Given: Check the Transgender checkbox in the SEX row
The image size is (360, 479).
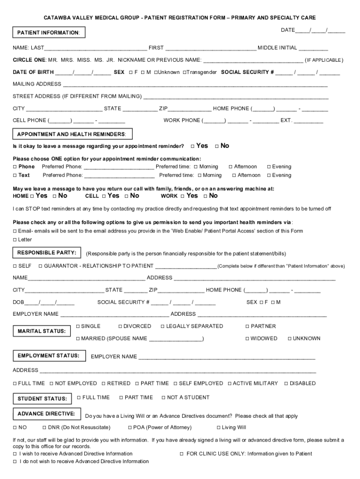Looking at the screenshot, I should click(x=185, y=73).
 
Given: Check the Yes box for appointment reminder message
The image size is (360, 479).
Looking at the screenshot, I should click(x=193, y=146).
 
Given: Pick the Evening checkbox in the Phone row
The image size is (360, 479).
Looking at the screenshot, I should click(x=269, y=167).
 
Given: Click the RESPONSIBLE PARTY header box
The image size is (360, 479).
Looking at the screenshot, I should click(x=47, y=253).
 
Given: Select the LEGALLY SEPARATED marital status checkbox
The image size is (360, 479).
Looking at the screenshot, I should click(x=163, y=326).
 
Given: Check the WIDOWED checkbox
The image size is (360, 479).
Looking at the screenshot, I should click(x=247, y=338).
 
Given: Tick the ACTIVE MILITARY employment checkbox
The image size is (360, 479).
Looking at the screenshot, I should click(x=230, y=384).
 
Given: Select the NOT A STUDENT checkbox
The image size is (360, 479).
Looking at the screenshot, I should click(x=164, y=398).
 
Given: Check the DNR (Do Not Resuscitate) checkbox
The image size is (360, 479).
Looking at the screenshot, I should click(x=44, y=428).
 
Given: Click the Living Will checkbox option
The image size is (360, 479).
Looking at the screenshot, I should click(x=218, y=428).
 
